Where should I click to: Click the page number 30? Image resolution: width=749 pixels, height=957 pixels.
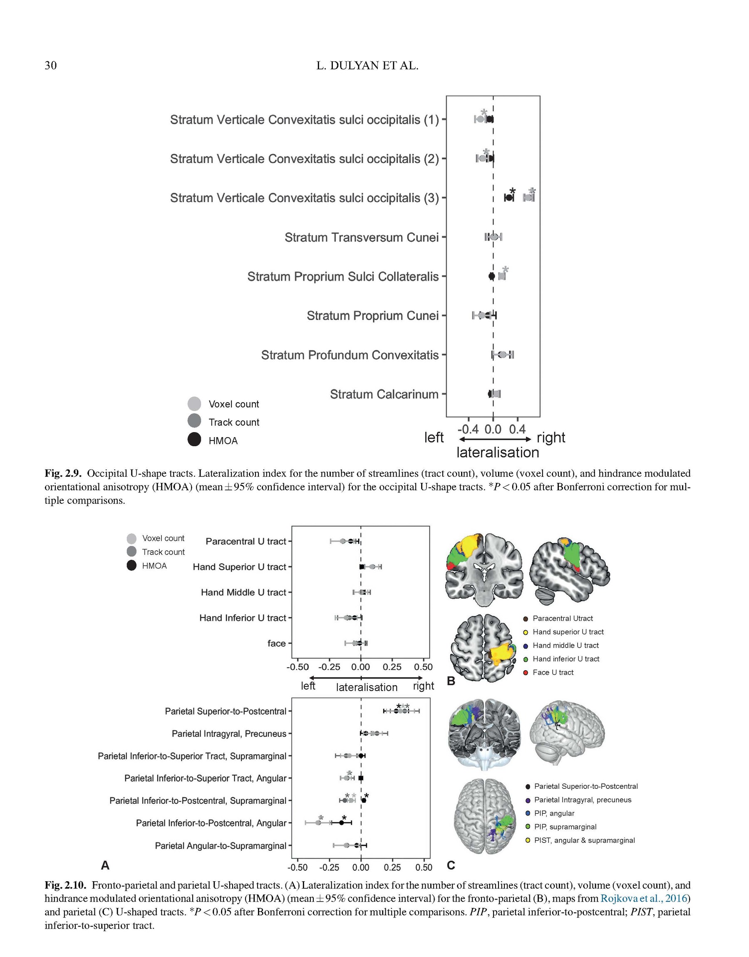(x=50, y=66)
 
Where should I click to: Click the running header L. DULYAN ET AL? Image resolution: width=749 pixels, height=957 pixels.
(x=367, y=66)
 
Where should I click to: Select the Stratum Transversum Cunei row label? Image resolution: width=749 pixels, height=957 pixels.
(x=361, y=237)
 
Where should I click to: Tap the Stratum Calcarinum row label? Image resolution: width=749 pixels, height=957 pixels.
(x=384, y=394)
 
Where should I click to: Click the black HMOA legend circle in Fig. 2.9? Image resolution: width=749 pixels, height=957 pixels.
(x=194, y=440)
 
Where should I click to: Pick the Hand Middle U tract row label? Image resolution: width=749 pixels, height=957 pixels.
(x=243, y=592)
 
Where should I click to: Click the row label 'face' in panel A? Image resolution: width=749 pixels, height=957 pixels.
(x=276, y=644)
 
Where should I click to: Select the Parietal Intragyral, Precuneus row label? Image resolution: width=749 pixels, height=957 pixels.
(x=229, y=734)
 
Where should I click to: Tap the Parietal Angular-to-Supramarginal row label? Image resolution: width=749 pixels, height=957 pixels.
(x=221, y=845)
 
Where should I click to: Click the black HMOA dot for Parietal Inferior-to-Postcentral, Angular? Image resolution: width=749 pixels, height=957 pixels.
(x=341, y=823)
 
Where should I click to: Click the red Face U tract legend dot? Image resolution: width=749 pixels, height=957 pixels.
(x=526, y=673)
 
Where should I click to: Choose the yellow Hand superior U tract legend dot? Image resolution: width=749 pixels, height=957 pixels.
(x=526, y=632)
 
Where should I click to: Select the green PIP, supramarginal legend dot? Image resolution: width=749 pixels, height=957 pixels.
(x=528, y=827)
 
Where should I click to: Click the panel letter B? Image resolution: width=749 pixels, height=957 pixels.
(x=451, y=681)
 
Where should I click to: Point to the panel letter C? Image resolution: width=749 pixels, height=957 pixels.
(x=451, y=865)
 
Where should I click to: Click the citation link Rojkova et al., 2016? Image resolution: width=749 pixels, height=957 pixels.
(x=643, y=899)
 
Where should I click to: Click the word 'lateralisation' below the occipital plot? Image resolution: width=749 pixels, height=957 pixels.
(x=498, y=452)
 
